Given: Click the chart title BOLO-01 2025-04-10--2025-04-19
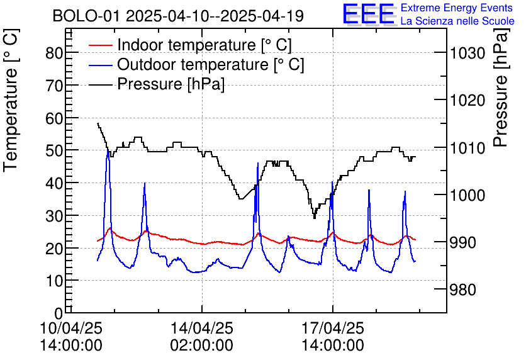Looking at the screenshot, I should point(178,16).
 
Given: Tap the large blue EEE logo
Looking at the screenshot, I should point(368,14).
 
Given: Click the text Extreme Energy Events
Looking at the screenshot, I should point(457,8).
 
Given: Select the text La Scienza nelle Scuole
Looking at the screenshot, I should point(457,21).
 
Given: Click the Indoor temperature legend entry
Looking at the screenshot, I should point(204,45).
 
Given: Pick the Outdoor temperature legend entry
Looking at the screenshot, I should point(210,64).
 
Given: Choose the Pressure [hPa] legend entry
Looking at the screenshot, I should point(171,84).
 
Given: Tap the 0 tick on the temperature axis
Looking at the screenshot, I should point(59,313).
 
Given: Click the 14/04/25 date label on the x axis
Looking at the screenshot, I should point(201,329).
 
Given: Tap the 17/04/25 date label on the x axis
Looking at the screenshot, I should point(332,329).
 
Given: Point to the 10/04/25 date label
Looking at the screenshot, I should point(70,329).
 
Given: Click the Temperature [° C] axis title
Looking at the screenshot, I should point(11,120).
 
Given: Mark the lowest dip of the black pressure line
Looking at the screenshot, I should point(314,218).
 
